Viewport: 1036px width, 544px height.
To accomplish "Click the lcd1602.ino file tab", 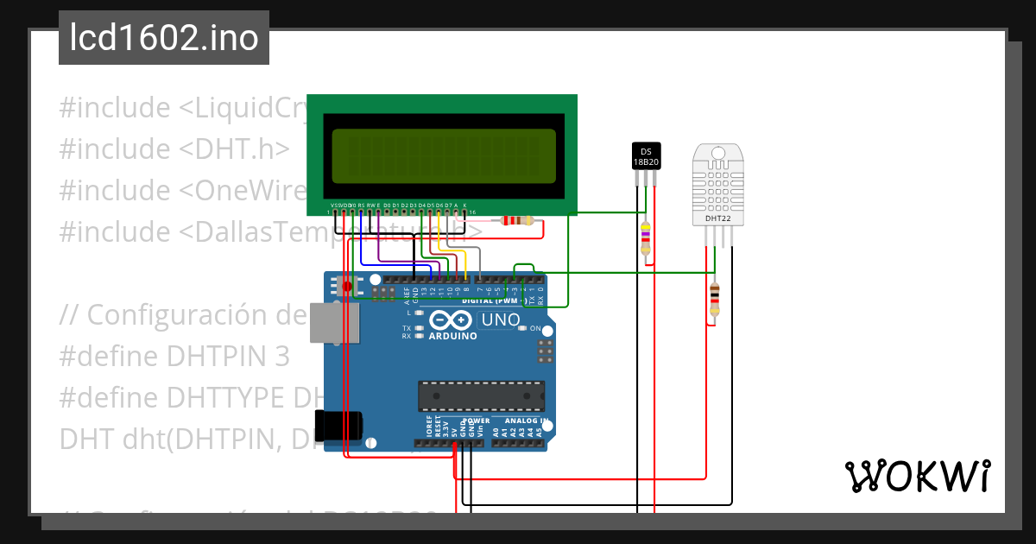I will (164, 38).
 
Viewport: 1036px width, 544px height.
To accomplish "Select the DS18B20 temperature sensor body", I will (646, 155).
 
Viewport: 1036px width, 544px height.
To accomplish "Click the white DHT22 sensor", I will (717, 186).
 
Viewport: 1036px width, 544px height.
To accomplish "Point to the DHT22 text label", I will (717, 218).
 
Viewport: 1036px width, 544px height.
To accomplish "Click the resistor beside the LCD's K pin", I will (517, 220).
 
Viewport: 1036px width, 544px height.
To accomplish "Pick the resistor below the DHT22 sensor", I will (713, 298).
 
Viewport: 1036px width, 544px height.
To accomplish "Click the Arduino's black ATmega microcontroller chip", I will (481, 395).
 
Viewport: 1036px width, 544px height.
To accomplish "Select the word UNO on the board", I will (500, 320).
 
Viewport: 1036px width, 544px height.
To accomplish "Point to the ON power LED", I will (535, 329).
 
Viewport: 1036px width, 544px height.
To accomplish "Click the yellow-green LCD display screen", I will (443, 156).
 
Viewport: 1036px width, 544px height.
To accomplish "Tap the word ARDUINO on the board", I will (452, 336).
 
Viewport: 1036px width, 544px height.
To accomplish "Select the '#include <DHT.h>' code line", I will (174, 149).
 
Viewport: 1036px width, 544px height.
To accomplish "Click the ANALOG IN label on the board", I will (527, 421).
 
